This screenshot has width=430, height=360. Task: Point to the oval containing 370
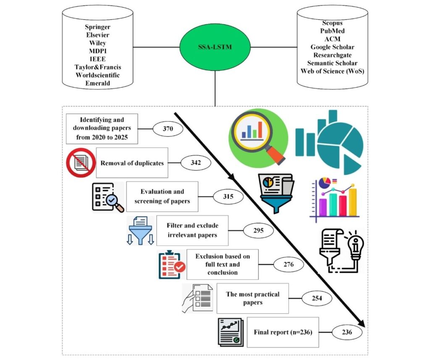(168, 130)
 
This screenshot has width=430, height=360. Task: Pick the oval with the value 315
(228, 196)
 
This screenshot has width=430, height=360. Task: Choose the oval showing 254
(317, 299)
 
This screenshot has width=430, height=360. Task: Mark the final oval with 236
(347, 332)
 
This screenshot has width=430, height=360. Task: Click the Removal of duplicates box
(132, 163)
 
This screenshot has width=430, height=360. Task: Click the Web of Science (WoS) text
(332, 70)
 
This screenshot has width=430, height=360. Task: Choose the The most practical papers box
(252, 298)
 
